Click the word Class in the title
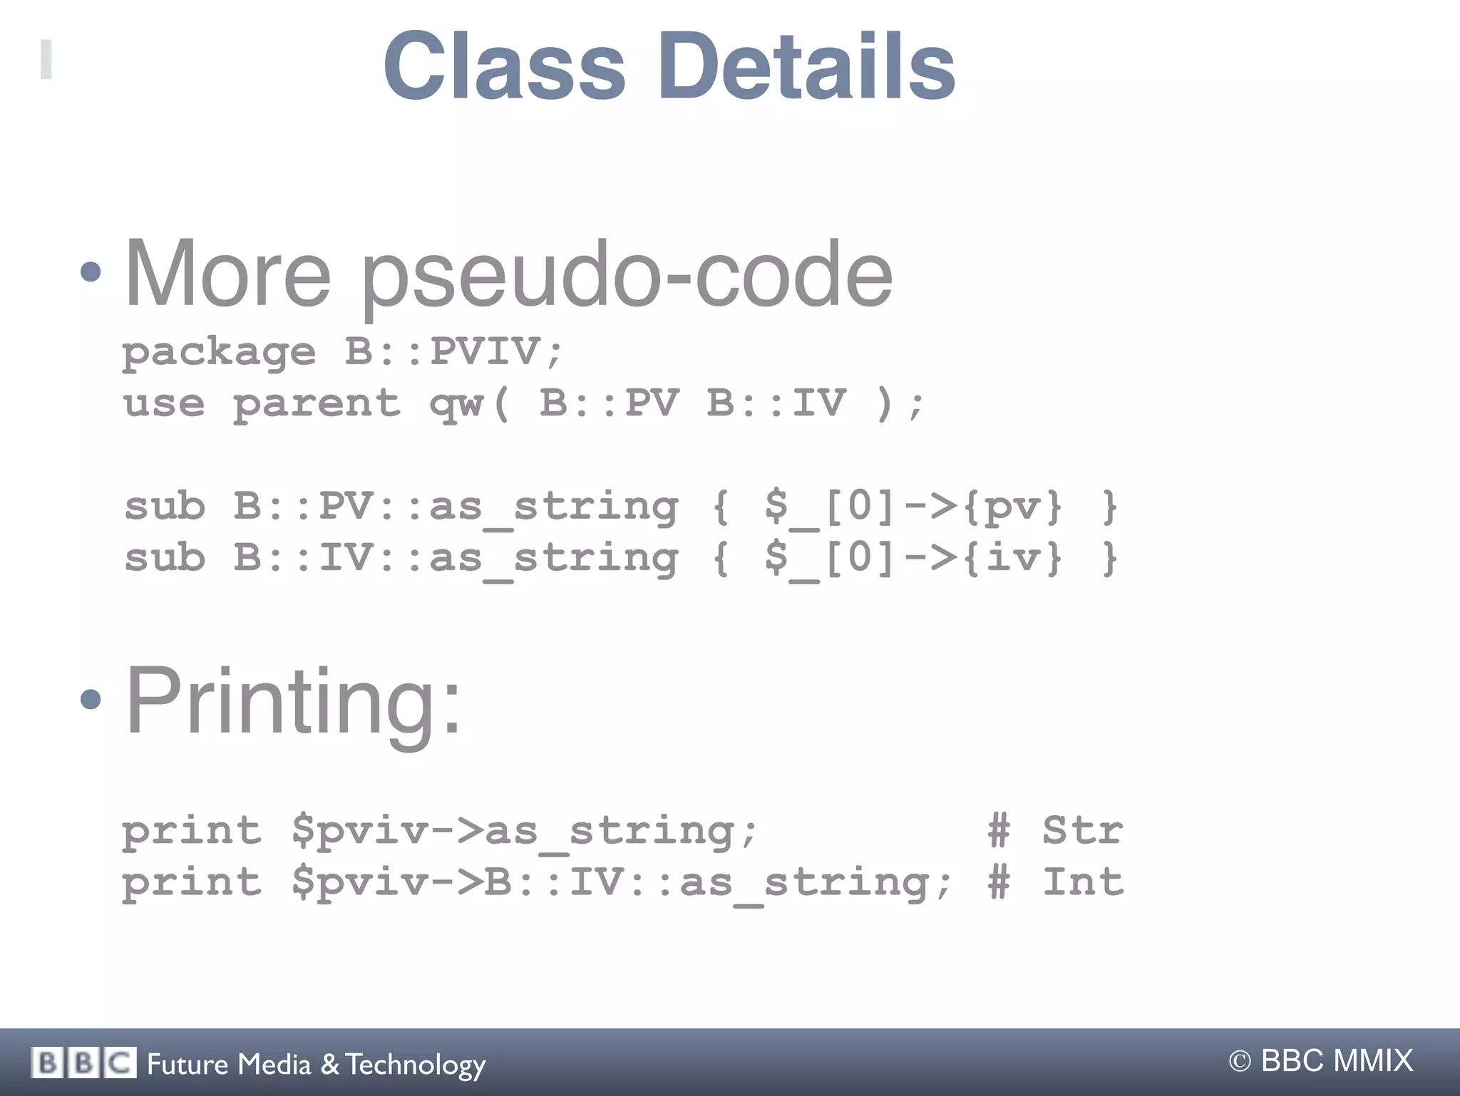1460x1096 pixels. click(505, 66)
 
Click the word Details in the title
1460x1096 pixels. click(807, 66)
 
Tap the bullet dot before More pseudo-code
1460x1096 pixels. click(91, 272)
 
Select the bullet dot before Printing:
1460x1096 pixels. click(91, 699)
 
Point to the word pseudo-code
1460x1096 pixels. click(627, 276)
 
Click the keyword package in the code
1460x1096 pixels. click(218, 352)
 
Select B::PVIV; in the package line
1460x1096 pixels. click(454, 351)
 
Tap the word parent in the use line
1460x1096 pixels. click(317, 403)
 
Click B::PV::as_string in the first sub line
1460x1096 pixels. click(456, 507)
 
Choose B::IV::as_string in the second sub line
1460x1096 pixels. click(456, 559)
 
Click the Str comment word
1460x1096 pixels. click(1083, 831)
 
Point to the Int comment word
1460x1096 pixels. click(1083, 882)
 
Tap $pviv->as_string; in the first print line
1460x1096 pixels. click(525, 832)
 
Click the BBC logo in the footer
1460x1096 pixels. click(83, 1063)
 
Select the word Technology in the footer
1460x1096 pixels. click(416, 1065)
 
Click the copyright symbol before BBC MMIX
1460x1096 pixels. click(1240, 1062)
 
